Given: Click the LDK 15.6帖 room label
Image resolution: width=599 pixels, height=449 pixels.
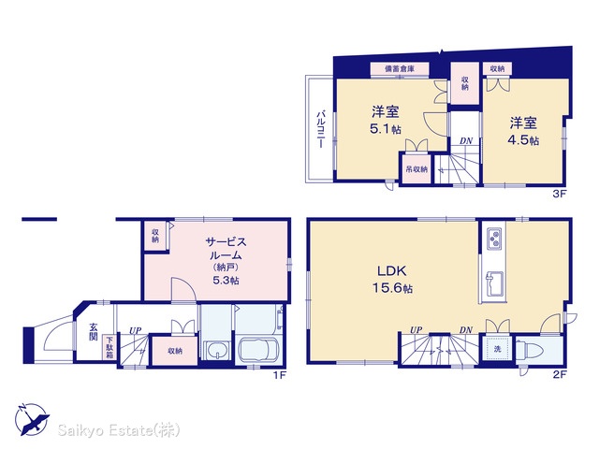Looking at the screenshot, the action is [x=392, y=279].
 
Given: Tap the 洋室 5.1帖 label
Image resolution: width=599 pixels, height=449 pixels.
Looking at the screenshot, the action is [x=386, y=121].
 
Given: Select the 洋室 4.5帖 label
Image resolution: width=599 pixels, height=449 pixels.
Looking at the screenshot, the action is [x=523, y=131].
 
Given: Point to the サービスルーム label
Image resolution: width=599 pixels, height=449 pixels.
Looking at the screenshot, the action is [x=226, y=248].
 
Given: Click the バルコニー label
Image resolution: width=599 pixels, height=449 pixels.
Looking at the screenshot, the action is [x=321, y=129].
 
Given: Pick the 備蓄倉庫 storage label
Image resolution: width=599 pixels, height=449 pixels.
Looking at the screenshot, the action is [x=400, y=69].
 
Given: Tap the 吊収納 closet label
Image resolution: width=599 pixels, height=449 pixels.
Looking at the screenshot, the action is [x=416, y=168].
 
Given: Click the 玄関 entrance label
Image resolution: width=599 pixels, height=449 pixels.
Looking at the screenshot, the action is [x=94, y=332].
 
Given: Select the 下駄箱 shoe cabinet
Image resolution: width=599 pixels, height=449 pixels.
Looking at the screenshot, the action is [x=110, y=347].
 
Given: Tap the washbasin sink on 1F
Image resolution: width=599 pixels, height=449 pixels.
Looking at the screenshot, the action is [x=217, y=351].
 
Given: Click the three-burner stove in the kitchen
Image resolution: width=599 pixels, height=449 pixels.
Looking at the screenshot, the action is [x=494, y=239].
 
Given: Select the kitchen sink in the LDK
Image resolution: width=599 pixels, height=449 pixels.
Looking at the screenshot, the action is [x=494, y=283].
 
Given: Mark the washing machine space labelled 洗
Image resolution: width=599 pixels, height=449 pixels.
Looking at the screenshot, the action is [x=497, y=349].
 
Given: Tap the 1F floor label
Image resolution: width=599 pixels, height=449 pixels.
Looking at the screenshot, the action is [x=279, y=375].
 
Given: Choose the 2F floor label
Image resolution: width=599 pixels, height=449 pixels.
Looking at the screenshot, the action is [x=560, y=374].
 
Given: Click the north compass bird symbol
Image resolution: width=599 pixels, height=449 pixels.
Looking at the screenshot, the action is [x=32, y=418].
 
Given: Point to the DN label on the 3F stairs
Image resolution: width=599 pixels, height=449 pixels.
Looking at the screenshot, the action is [x=466, y=141].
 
